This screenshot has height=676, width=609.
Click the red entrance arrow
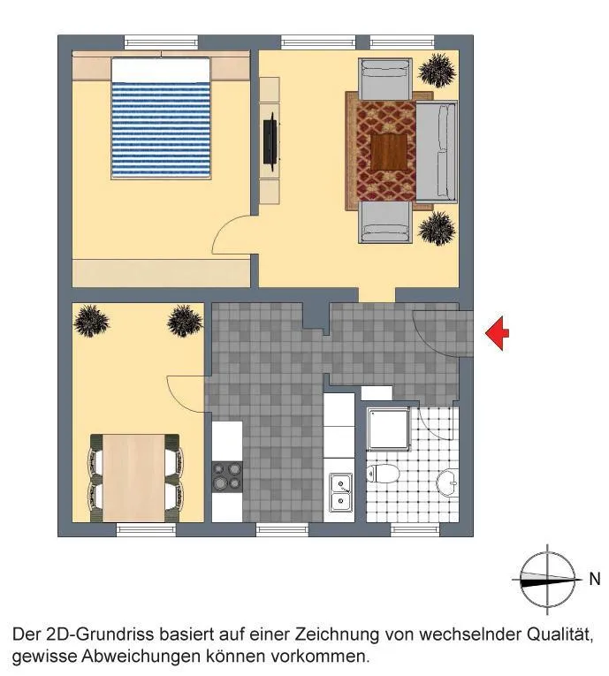pyautogui.click(x=498, y=333)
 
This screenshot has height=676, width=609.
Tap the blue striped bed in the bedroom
pyautogui.click(x=161, y=118)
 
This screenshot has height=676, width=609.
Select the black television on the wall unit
pyautogui.click(x=270, y=142)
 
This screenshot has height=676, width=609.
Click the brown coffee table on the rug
pyautogui.click(x=389, y=152)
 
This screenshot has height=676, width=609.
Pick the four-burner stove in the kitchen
pyautogui.click(x=227, y=476)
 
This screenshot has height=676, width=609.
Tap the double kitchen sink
pyautogui.click(x=340, y=492)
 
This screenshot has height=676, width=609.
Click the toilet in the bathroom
pyautogui.click(x=383, y=474)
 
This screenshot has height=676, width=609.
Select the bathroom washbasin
pyautogui.click(x=447, y=482)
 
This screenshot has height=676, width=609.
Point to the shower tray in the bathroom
pyautogui.click(x=388, y=429)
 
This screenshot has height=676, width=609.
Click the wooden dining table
pyautogui.click(x=134, y=478)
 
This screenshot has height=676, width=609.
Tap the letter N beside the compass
pyautogui.click(x=595, y=579)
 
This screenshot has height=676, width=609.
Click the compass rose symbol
pyautogui.click(x=547, y=580)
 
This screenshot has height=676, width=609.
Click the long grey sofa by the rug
pyautogui.click(x=436, y=151)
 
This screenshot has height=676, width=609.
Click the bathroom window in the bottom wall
pyautogui.click(x=415, y=530)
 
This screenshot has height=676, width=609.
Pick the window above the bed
pyautogui.click(x=161, y=42)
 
